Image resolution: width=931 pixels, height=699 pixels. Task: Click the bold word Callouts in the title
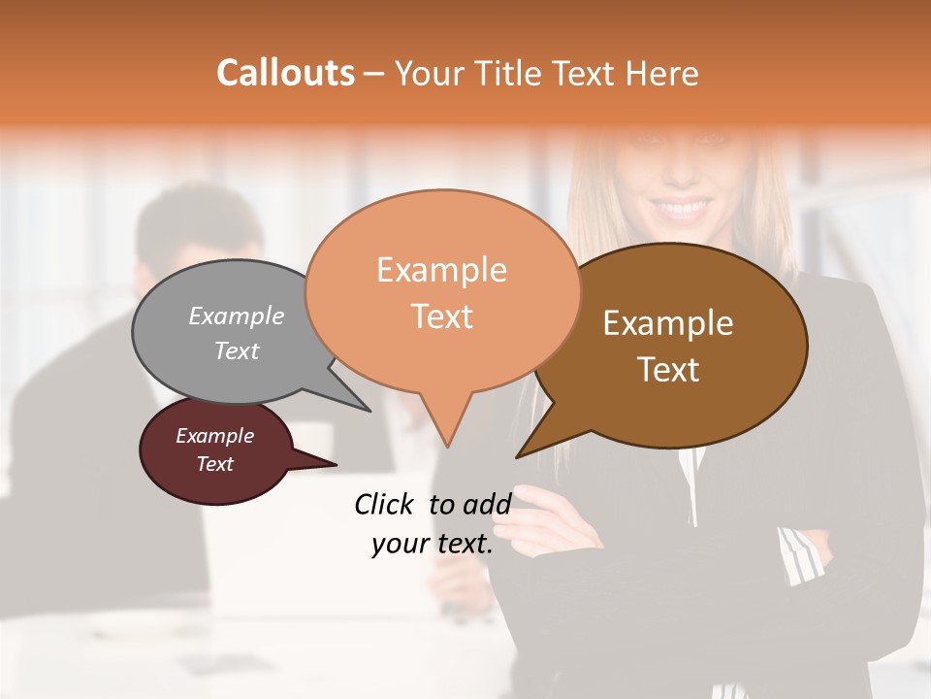[285, 73]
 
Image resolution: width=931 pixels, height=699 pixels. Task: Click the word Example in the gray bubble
[237, 316]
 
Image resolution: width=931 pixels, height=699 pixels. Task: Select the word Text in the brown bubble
[668, 370]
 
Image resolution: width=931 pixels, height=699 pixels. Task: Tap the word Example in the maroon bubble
[214, 436]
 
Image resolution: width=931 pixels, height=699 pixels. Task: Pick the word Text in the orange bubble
[442, 316]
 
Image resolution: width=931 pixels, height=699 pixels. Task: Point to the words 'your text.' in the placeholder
[433, 545]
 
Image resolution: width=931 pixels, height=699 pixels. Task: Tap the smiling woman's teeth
[684, 207]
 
